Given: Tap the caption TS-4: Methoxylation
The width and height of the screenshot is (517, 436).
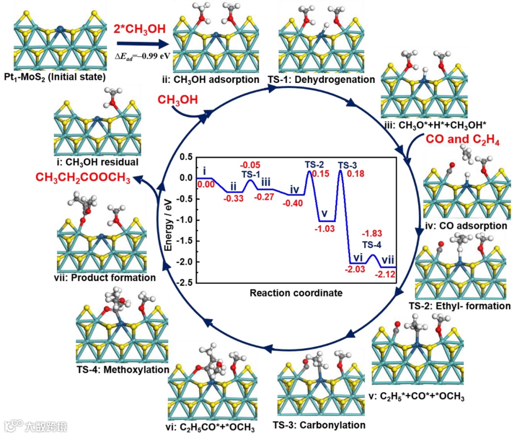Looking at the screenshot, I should click(x=122, y=369).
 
